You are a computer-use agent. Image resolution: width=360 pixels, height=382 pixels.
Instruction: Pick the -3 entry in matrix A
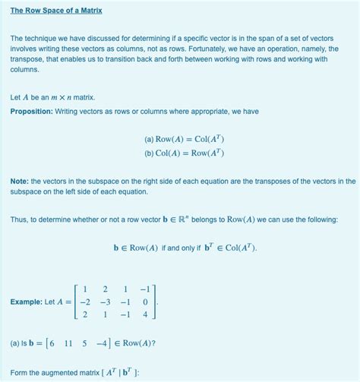tap(105, 301)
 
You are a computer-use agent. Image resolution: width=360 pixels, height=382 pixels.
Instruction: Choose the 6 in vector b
tap(50, 343)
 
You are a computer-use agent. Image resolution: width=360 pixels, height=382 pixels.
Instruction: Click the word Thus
tap(19, 219)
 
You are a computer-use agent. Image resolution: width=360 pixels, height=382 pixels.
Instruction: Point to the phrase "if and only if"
tap(185, 248)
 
